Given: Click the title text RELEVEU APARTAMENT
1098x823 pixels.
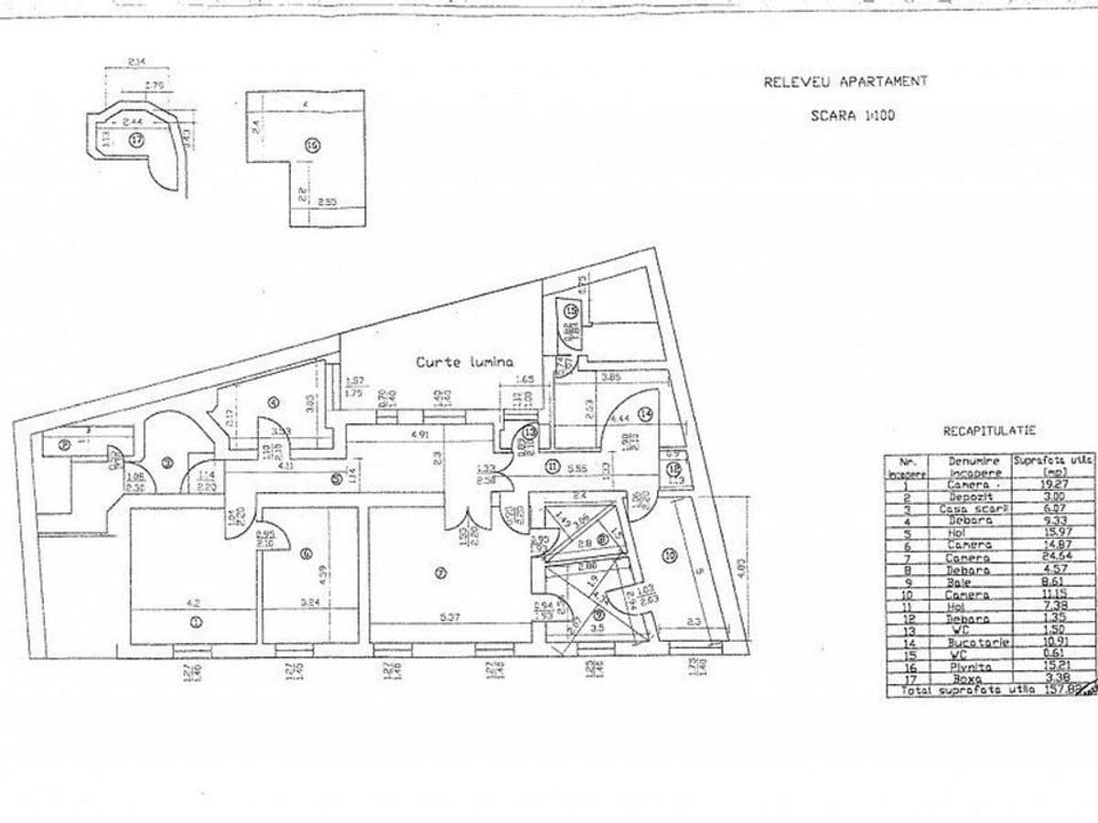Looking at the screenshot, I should click(845, 81).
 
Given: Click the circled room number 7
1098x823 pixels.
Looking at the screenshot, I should click(441, 574).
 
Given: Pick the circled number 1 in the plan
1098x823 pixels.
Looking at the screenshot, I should click(196, 624).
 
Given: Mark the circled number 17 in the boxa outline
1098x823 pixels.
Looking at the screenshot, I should click(136, 140).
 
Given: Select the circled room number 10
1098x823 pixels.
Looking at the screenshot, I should click(670, 554).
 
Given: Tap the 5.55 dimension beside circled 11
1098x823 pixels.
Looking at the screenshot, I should click(576, 466).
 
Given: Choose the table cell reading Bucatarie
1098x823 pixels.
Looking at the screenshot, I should click(979, 643).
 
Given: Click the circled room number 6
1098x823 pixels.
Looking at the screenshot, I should click(306, 552).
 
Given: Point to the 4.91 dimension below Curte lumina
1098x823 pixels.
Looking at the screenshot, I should click(420, 434).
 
